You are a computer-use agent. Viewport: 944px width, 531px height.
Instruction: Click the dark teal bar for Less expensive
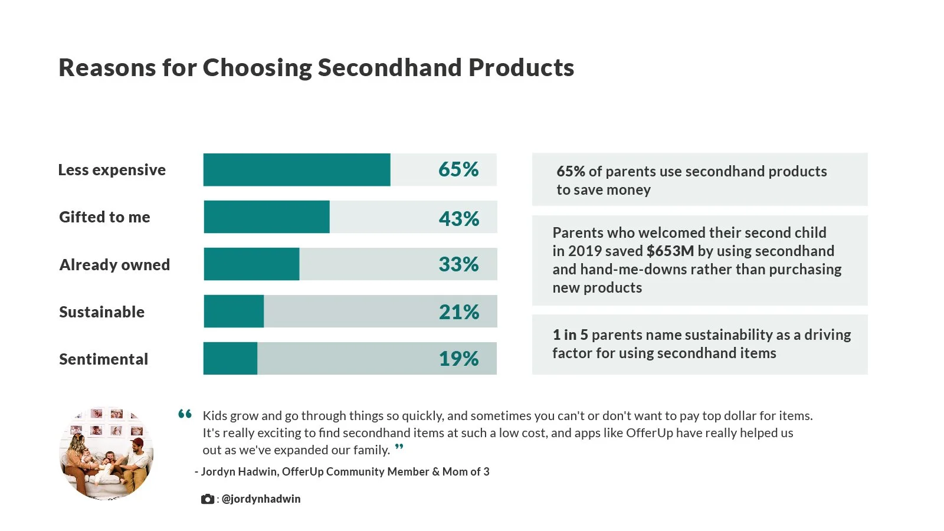pos(297,169)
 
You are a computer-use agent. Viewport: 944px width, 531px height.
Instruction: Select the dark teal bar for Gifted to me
pos(267,217)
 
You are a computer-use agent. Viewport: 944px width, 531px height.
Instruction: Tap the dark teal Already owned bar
pos(251,264)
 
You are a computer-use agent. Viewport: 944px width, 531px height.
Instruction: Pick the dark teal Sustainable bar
pos(234,311)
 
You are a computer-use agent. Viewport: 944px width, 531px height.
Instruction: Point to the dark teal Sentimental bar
pos(230,358)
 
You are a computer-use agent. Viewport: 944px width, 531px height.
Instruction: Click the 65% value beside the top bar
pos(458,169)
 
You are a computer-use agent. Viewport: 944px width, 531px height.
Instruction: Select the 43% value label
pos(459,219)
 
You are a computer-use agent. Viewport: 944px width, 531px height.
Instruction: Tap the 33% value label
pos(458,264)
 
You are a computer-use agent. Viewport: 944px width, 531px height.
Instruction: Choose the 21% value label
pos(459,312)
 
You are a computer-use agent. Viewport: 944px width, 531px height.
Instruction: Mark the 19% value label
pos(458,359)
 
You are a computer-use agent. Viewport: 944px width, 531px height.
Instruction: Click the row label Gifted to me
pos(104,217)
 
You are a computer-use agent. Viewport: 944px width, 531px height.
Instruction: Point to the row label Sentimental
pos(104,359)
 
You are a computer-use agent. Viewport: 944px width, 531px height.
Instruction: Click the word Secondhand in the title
pos(390,67)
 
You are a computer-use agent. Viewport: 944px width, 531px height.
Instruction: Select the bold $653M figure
pos(670,251)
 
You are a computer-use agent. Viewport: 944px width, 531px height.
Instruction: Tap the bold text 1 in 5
pos(570,335)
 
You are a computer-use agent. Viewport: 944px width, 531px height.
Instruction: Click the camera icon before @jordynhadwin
pos(207,499)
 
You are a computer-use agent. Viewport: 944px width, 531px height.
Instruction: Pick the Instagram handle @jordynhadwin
pos(261,499)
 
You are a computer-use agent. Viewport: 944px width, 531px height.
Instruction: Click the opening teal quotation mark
pos(185,414)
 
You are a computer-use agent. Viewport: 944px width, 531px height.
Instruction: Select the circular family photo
pos(106,453)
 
